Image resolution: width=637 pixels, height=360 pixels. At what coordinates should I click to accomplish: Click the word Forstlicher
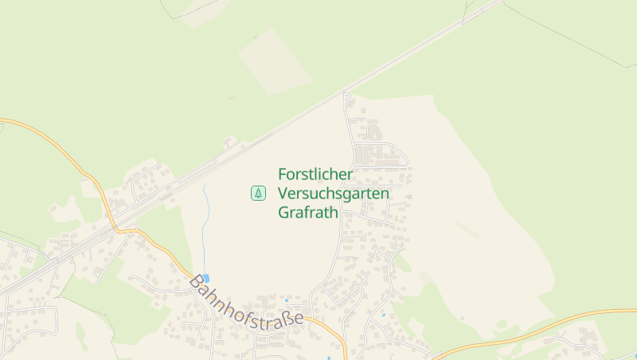[x=315, y=174]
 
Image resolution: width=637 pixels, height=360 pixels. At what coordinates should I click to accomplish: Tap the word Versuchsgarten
[x=334, y=194]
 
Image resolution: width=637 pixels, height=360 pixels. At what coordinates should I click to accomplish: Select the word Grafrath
[x=308, y=213]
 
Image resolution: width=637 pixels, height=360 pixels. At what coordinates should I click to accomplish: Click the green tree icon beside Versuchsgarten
[x=258, y=193]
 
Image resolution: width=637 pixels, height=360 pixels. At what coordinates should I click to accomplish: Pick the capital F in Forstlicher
[x=283, y=174]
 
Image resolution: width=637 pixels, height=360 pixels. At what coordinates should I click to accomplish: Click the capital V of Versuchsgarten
[x=283, y=194]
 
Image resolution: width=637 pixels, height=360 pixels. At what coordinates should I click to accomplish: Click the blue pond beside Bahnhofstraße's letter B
[x=206, y=277]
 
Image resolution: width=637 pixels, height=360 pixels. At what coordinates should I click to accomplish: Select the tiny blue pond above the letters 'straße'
[x=287, y=301]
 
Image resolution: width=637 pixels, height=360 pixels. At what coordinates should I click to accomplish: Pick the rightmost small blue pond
[x=384, y=315]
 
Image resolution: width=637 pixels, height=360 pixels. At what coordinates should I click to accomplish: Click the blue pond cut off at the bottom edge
[x=328, y=358]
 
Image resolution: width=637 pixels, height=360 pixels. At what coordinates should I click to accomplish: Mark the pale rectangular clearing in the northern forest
[x=275, y=61]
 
